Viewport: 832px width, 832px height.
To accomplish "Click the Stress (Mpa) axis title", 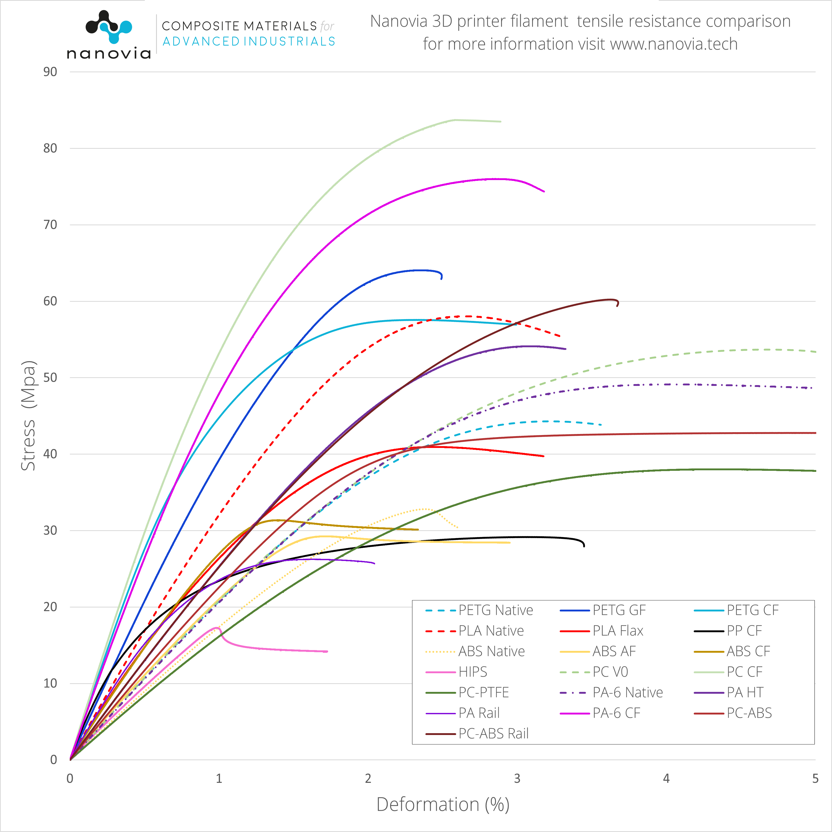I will click(x=28, y=416).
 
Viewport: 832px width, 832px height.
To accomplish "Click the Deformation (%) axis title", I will click(x=443, y=804).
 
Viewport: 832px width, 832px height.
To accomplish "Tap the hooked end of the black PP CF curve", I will click(x=584, y=546).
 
